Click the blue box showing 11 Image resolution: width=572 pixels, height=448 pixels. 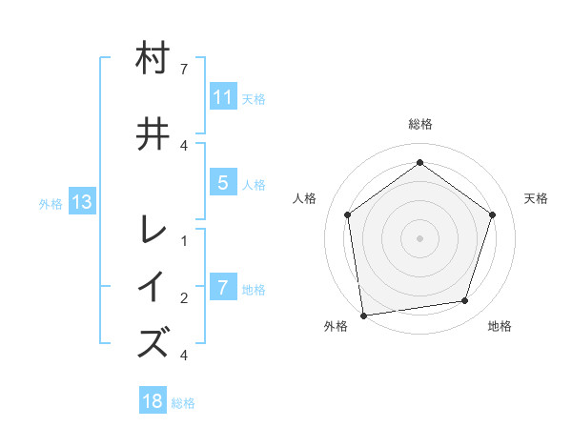click(x=223, y=97)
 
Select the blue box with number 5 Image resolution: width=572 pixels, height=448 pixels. click(x=223, y=183)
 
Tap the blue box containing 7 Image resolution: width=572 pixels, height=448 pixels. click(x=223, y=288)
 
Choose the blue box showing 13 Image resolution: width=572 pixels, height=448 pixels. click(x=81, y=202)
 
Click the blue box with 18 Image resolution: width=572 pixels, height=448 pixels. click(x=153, y=401)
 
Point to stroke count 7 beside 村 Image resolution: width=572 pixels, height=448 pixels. click(x=183, y=70)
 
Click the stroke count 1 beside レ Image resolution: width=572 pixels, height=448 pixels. click(x=183, y=240)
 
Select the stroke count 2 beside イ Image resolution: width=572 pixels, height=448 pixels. click(x=183, y=298)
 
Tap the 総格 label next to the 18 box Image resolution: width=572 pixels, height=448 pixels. click(x=183, y=403)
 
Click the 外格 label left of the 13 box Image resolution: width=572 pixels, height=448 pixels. click(x=51, y=203)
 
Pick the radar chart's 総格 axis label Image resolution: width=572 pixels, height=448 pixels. click(x=419, y=124)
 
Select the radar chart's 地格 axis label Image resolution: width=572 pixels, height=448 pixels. click(x=500, y=326)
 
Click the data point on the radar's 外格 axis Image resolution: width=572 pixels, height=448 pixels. click(x=363, y=314)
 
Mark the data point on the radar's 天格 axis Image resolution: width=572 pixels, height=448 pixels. click(x=492, y=214)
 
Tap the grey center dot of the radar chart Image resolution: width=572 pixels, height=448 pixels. click(x=419, y=237)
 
